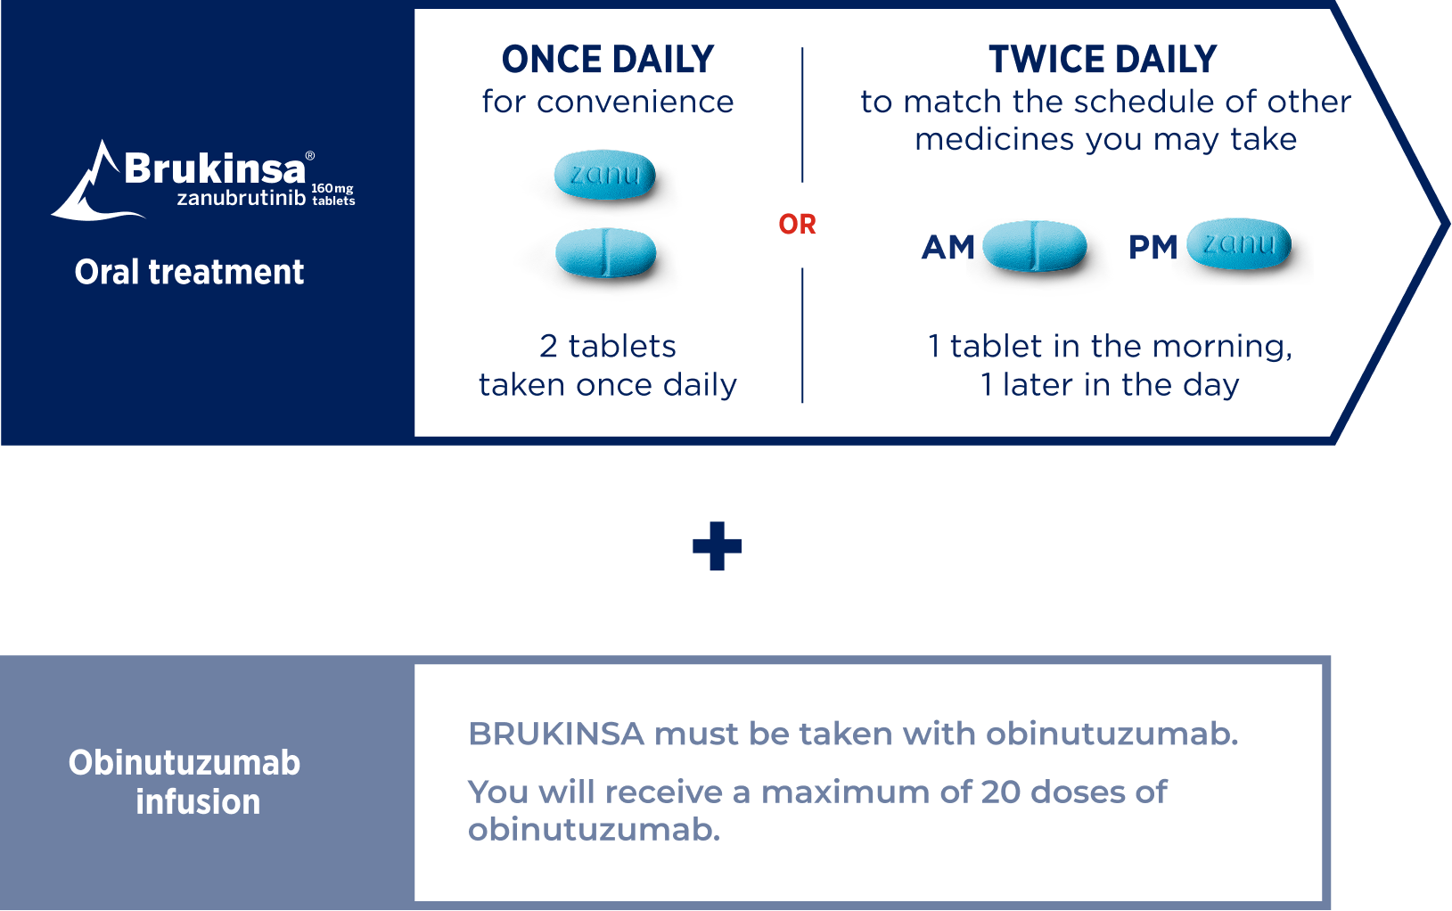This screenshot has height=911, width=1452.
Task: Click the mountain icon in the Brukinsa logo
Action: [89, 183]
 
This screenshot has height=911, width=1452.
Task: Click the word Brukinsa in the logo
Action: [214, 168]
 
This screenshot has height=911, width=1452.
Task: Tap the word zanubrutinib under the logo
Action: [241, 198]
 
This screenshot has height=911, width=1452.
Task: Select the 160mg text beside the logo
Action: [332, 189]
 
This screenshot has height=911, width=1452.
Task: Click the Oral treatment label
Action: [189, 272]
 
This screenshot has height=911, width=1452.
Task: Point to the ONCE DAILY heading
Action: [608, 60]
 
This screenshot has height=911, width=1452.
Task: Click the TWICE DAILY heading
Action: [1103, 60]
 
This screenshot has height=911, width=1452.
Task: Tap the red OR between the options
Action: [797, 225]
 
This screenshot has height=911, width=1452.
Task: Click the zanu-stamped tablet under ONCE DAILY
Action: [605, 174]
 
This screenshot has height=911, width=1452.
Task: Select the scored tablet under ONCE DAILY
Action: [606, 252]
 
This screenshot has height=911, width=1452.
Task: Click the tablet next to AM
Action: [1034, 246]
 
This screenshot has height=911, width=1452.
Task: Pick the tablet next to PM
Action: [1239, 243]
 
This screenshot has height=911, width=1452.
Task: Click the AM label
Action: [947, 248]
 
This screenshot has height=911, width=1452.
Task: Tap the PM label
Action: [1153, 248]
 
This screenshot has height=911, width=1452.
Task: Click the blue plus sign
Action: [717, 546]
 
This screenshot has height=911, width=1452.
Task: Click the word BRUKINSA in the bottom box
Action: [556, 734]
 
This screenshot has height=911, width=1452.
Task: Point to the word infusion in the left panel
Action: [198, 802]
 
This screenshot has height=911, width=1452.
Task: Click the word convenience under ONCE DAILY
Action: [635, 103]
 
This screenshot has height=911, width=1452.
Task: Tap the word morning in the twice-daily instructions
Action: [1221, 346]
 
